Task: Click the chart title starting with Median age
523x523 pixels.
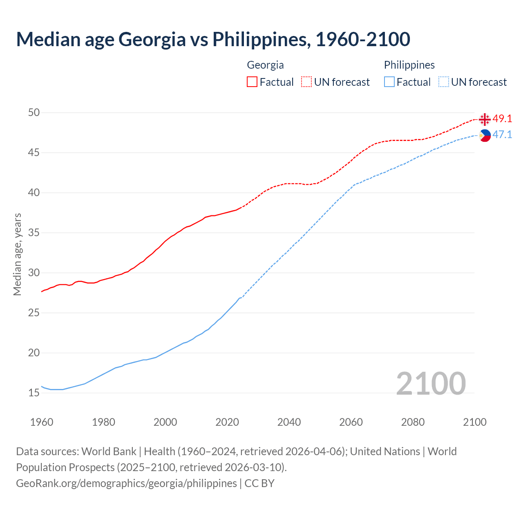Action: click(x=213, y=39)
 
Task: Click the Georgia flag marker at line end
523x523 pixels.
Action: click(x=485, y=119)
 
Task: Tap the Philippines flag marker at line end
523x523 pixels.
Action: click(x=485, y=135)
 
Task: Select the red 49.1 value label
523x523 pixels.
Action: click(x=502, y=119)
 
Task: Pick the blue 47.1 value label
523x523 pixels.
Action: click(x=502, y=135)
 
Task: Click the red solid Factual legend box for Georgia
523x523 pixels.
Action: click(x=252, y=82)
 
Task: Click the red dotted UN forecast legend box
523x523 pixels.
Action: click(x=306, y=82)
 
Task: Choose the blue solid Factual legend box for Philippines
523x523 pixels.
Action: click(x=389, y=82)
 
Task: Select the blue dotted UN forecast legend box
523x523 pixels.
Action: click(x=443, y=82)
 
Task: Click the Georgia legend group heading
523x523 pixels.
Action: click(x=265, y=65)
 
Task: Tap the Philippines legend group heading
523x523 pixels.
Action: click(x=409, y=65)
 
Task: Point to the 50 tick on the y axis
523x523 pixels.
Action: click(x=34, y=112)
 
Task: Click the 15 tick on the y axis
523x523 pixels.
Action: click(x=34, y=393)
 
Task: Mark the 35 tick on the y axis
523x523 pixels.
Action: click(x=34, y=233)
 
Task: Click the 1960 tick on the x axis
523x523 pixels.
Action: click(x=42, y=422)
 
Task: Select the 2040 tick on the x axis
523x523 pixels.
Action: click(x=289, y=422)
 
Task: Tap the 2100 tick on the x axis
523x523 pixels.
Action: click(x=474, y=422)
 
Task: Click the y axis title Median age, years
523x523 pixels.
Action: click(x=17, y=254)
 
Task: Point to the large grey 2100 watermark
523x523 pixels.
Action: click(x=431, y=383)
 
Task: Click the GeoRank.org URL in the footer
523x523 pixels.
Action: click(x=126, y=483)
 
